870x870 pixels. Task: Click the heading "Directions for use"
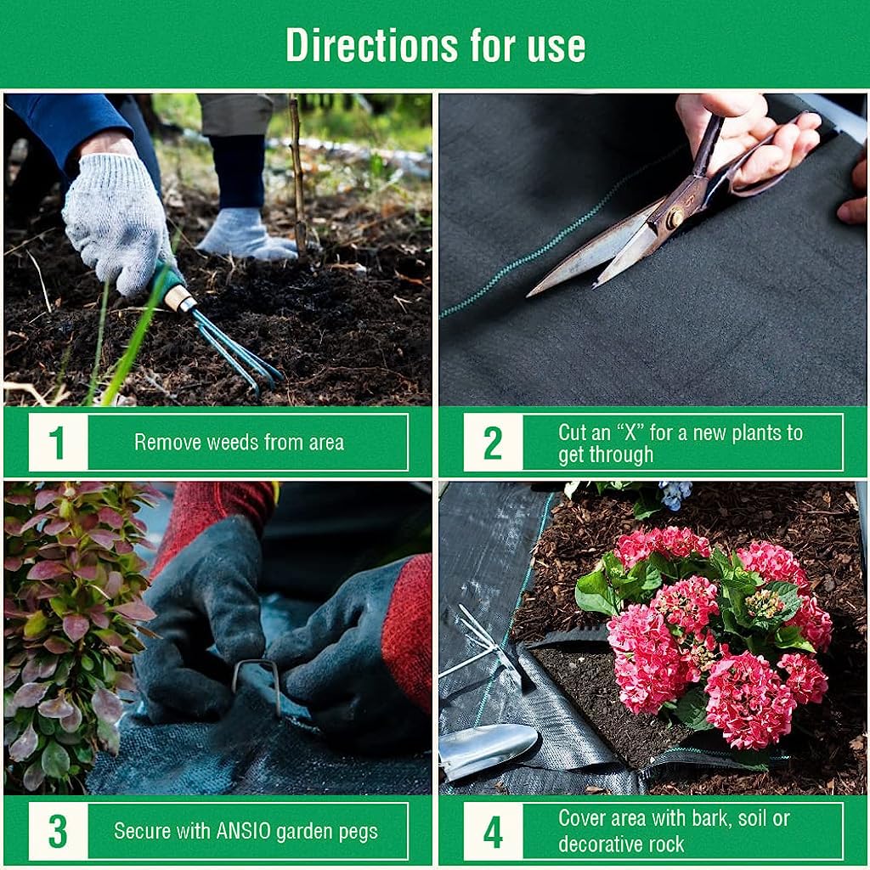(435, 45)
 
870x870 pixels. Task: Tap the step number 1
(58, 443)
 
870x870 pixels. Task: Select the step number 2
(493, 443)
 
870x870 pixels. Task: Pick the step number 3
(58, 832)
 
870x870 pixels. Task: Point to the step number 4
(493, 832)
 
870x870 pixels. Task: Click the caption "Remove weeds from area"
(239, 442)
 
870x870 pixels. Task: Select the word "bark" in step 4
(720, 819)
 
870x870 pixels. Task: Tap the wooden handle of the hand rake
(180, 297)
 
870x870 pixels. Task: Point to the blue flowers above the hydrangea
(675, 494)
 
